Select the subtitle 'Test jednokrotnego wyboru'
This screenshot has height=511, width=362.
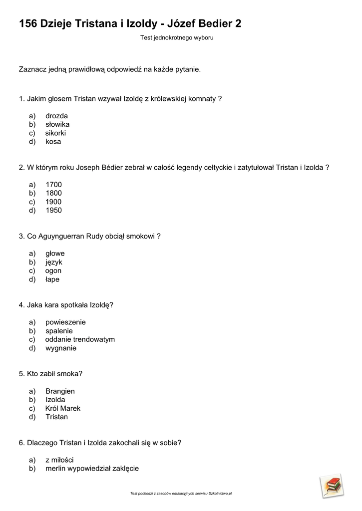tap(177, 37)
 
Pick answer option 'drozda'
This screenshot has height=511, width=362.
tap(56, 116)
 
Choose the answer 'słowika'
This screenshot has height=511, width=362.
tap(57, 124)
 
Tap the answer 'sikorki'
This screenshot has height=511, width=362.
tap(55, 133)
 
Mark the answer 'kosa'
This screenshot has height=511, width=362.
tap(53, 142)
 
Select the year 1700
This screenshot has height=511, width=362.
tap(53, 185)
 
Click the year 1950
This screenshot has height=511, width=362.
tap(53, 211)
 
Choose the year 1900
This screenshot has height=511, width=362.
tap(53, 202)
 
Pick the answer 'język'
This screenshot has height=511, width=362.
tap(54, 262)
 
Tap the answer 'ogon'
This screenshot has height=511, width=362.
tap(53, 271)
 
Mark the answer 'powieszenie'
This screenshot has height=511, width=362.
tap(65, 322)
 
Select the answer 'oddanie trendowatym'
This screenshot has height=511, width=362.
tap(80, 339)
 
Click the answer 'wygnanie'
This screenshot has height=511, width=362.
tap(61, 348)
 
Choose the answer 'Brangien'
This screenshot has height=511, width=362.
tap(60, 391)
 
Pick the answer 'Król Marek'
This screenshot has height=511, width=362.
tap(63, 408)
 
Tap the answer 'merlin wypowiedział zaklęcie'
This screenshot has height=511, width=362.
tap(92, 469)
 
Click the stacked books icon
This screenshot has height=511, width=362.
tap(332, 486)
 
